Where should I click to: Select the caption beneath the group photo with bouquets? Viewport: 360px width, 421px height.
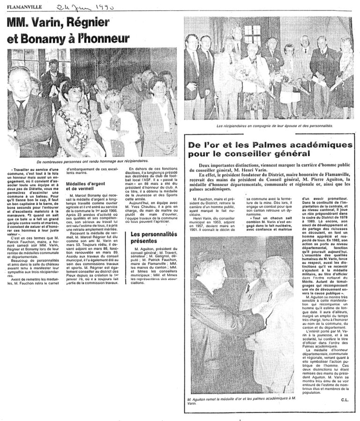[268, 127]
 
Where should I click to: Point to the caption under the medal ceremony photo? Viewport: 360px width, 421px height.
[240, 400]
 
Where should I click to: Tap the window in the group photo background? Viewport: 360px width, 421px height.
[252, 34]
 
